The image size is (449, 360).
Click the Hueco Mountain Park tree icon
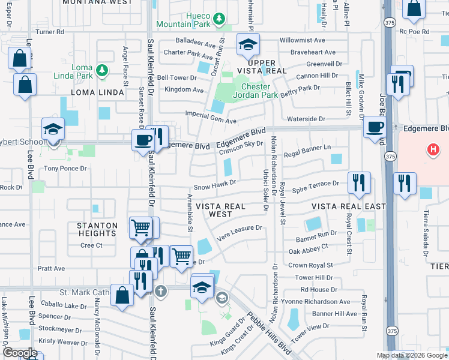point(220,19)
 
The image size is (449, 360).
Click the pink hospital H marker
point(432,149)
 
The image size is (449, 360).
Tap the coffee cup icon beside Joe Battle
point(375,127)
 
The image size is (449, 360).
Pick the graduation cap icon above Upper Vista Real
point(247,44)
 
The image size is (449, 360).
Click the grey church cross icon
point(160,291)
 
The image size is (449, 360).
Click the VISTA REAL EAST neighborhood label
point(348,206)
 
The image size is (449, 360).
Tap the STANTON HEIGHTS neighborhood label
point(97,230)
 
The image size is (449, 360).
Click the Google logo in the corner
point(20,352)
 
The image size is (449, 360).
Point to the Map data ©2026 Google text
point(411,355)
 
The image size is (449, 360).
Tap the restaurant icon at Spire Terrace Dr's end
point(359,182)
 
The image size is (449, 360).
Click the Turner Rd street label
point(53,31)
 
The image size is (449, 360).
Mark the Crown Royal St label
point(310,265)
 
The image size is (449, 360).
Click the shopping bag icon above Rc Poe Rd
point(414,9)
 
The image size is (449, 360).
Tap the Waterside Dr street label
point(306,119)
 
